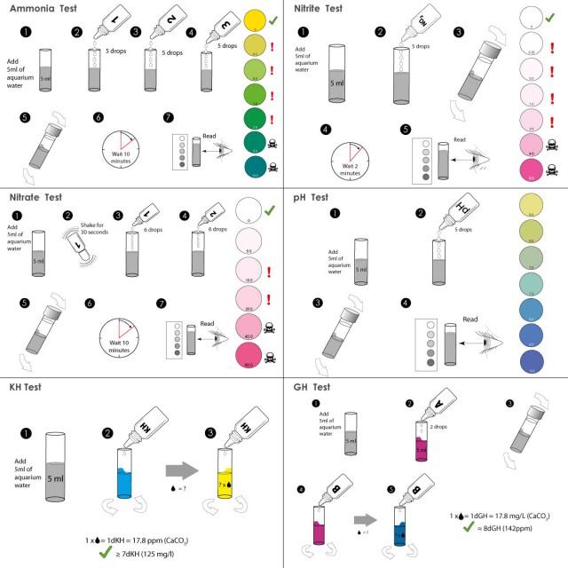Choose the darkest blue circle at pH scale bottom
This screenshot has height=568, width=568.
532,360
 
